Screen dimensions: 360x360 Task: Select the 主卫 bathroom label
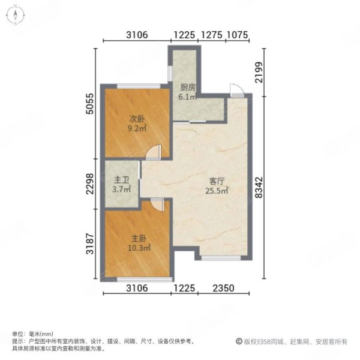coord(119,180)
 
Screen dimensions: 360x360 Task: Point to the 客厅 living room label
coord(217,181)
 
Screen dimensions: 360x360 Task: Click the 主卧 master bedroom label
coord(137,238)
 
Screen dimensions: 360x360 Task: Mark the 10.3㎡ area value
coord(138,247)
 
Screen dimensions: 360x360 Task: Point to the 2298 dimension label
coord(89,184)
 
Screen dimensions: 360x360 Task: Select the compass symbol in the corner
coord(15,15)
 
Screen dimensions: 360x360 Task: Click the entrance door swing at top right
coord(236,91)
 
